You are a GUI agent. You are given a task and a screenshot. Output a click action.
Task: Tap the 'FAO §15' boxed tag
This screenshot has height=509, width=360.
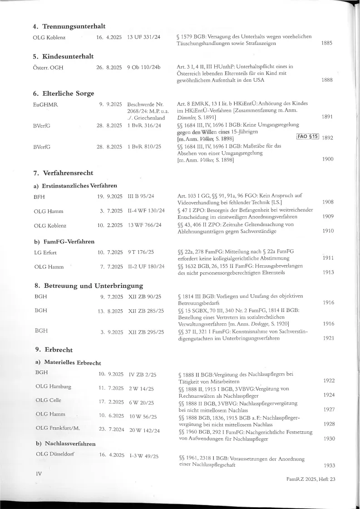308,137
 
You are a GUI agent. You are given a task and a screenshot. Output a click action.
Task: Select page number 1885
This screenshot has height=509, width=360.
326,43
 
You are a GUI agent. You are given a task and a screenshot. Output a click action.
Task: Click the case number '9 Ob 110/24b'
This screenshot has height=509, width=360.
144,68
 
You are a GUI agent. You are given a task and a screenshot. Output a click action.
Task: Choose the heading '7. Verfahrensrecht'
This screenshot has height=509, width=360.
64,173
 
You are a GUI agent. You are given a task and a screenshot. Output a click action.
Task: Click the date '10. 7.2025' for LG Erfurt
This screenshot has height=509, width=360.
110,252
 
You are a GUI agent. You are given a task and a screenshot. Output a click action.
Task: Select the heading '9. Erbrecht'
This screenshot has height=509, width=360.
54,350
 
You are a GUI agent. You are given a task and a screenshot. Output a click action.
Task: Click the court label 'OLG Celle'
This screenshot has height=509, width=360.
48,400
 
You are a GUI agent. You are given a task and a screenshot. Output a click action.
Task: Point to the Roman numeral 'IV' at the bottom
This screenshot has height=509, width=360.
39,473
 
